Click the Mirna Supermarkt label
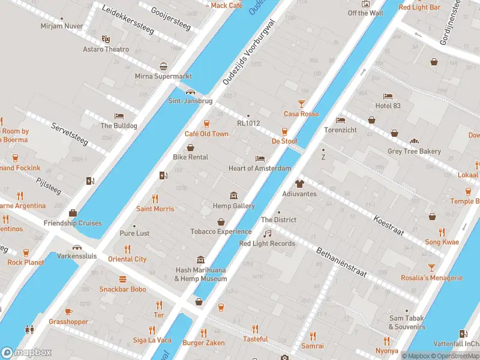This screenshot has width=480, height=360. pos(163,76)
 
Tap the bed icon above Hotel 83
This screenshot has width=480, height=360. pos(388,96)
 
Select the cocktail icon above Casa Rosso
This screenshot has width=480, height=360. pos(301,104)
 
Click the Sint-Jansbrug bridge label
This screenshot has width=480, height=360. pos(190,101)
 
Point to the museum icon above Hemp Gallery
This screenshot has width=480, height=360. pos(233,196)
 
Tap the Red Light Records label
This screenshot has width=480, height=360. pos(267,243)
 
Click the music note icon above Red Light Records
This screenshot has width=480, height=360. pos(268,233)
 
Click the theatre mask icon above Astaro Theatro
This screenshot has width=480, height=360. pos(106,39)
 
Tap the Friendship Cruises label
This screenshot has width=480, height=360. pos(73,223)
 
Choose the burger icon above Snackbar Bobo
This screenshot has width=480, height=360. pos(122,279)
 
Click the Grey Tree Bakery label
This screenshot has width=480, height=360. pos(414,151)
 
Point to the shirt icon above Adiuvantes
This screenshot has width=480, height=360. pos(299,184)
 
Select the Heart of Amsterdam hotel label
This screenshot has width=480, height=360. pos(260,169)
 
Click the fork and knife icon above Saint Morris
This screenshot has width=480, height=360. pos(155,199)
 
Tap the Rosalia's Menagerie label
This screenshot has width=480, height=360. pos(431,278)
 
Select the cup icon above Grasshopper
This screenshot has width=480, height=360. pos(68,311)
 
